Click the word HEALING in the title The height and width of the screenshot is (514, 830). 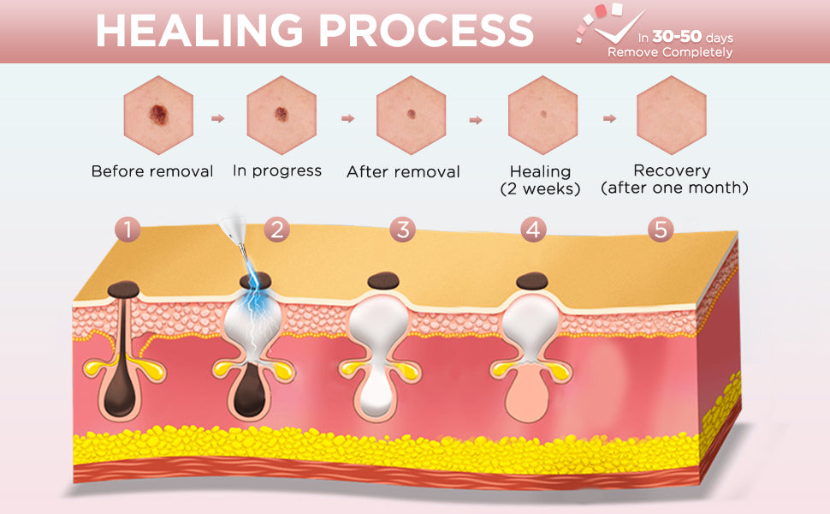[x=199, y=31]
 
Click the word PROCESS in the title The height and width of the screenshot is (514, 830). [x=425, y=31]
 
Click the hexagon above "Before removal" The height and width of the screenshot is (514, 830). [x=158, y=114]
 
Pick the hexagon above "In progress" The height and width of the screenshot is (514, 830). [x=282, y=114]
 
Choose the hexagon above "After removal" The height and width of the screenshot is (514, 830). [x=411, y=114]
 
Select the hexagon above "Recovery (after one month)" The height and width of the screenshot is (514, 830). [x=672, y=114]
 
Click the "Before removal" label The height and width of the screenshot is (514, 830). [x=152, y=171]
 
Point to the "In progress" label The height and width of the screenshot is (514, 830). [x=277, y=170]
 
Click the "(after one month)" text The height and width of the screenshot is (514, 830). [x=674, y=188]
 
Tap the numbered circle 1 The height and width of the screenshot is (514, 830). [x=128, y=229]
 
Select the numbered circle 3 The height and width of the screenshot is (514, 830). [x=402, y=229]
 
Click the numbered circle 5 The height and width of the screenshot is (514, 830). [x=661, y=229]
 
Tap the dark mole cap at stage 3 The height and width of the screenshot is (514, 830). [x=383, y=280]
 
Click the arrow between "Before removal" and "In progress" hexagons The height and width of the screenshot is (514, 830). [x=218, y=118]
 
